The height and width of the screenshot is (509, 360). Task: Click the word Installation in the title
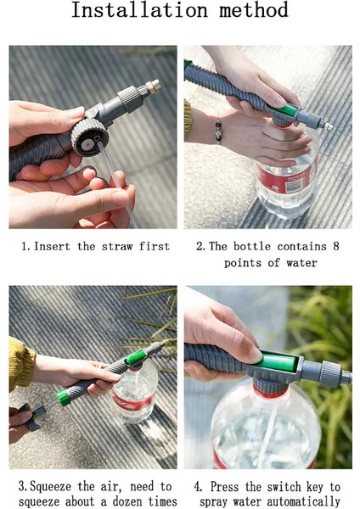coord(139,9)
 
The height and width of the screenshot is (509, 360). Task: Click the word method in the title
coord(254,9)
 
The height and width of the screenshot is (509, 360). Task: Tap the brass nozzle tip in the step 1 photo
coord(153,86)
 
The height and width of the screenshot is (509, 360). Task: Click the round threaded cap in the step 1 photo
coord(89,137)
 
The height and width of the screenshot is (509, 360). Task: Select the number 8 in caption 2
coord(335,246)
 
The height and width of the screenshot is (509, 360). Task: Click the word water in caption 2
coord(301,263)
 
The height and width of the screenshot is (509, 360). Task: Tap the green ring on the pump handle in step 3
coord(64,397)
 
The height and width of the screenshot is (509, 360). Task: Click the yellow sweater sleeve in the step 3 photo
coord(20,363)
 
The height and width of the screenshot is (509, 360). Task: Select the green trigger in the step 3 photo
coord(135,357)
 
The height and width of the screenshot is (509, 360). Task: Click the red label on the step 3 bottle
coord(132,402)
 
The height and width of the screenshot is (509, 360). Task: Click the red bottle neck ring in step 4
coord(270,393)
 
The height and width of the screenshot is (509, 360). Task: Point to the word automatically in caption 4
coord(303,501)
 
